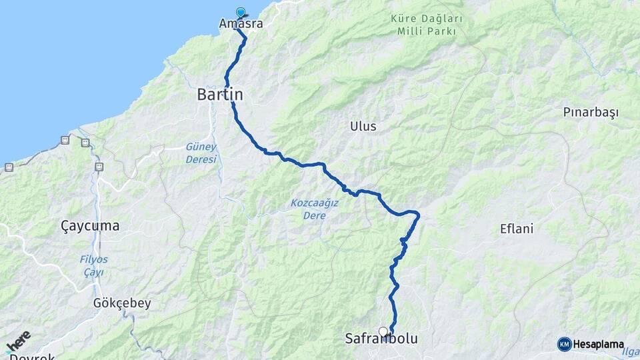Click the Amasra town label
tap(241, 24)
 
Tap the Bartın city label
tap(220, 95)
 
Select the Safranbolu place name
tap(381, 339)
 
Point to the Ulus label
tap(363, 126)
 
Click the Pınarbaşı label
tap(591, 112)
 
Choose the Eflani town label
tap(517, 229)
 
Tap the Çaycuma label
tap(90, 226)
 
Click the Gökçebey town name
tap(122, 303)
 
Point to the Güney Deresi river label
tap(201, 153)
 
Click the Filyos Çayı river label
tap(93, 265)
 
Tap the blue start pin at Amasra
tap(241, 12)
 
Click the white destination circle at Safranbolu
tap(383, 331)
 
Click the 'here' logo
tap(18, 341)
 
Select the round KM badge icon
tap(564, 344)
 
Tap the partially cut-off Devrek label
tap(32, 356)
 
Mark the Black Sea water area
tap(80, 60)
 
